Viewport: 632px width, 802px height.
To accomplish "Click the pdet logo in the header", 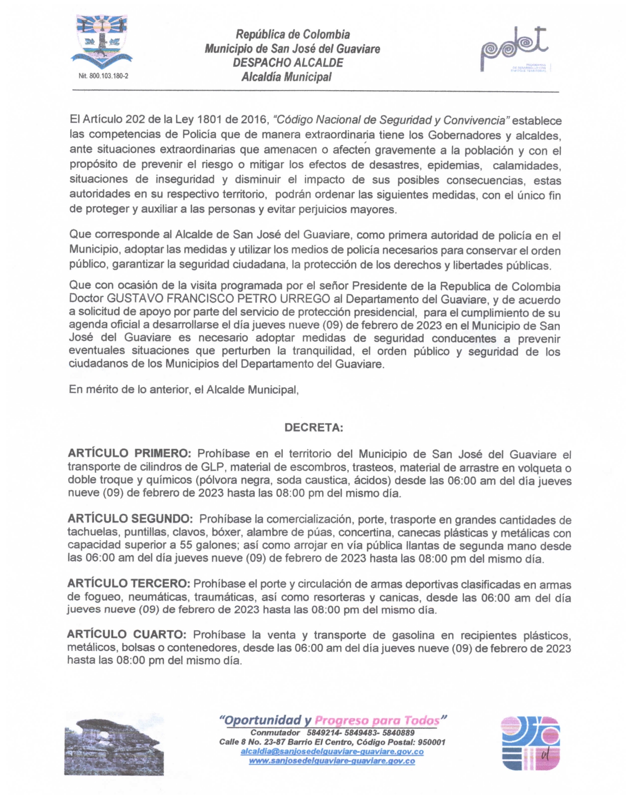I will (514, 48).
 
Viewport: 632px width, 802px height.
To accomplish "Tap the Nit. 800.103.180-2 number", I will (103, 76).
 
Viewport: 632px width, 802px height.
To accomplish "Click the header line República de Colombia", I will (292, 34).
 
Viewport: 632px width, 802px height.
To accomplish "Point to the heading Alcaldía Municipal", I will (286, 77).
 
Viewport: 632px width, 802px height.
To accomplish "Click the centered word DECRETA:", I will (313, 428).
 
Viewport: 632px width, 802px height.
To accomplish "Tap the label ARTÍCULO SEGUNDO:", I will (130, 519).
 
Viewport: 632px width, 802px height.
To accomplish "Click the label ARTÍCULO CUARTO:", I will (127, 635).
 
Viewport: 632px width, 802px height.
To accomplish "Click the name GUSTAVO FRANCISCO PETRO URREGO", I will (219, 299).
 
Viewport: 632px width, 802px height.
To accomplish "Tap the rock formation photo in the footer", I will (114, 743).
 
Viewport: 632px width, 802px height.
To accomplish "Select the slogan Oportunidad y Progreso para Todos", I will (333, 720).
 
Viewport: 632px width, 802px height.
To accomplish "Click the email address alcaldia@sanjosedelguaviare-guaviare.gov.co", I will (332, 751).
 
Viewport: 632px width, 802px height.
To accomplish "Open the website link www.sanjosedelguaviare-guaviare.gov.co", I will (332, 761).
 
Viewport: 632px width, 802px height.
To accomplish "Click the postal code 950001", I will (431, 742).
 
